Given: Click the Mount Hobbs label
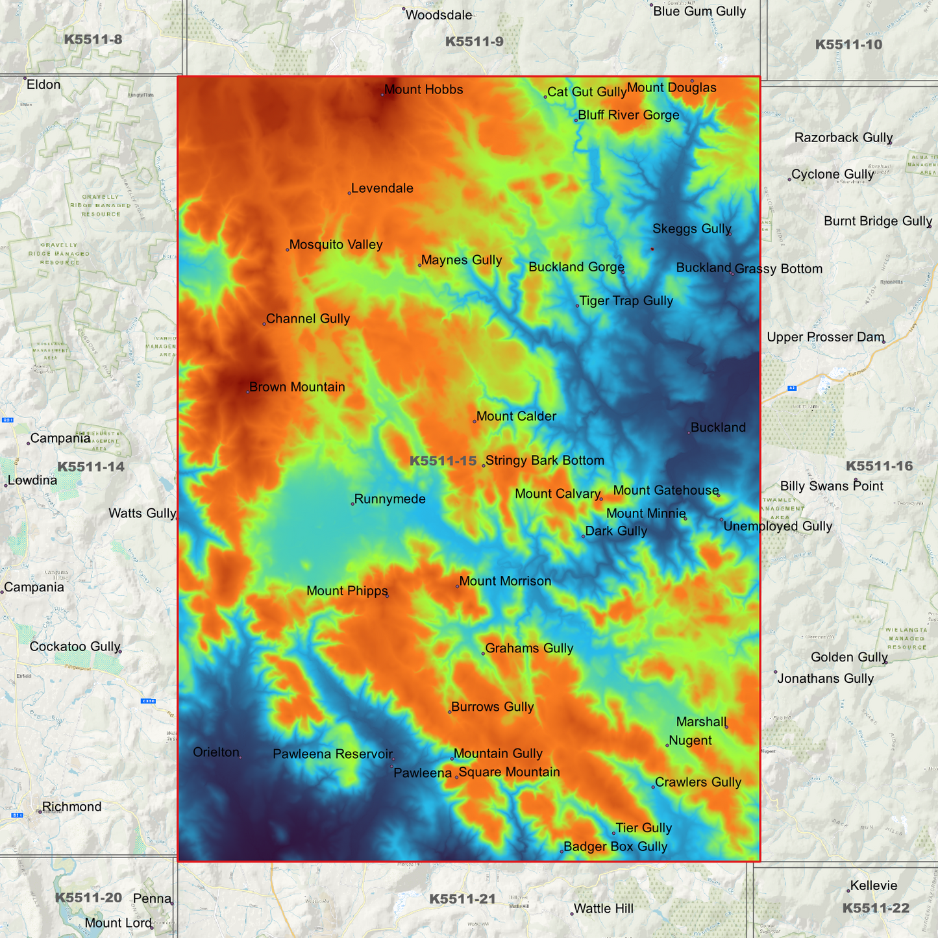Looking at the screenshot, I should tap(423, 90).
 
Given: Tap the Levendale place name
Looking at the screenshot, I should tap(382, 188).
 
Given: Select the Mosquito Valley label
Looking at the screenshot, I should tap(336, 245).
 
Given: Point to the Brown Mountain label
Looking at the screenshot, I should tap(297, 387).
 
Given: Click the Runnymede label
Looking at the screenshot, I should tap(389, 499).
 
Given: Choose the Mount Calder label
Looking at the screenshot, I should tap(516, 416).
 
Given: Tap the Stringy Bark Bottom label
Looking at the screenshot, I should tap(545, 460).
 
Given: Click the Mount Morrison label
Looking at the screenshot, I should tap(505, 581).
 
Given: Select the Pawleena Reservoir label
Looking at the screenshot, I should tap(332, 754).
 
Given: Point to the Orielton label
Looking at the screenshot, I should tap(216, 752).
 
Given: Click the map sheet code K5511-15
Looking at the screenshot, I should tap(443, 461).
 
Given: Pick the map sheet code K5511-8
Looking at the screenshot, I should tap(93, 40).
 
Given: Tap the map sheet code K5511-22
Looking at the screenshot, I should tap(876, 908).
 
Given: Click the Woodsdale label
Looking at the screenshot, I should tap(439, 15).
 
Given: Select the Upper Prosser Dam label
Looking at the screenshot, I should tap(825, 337).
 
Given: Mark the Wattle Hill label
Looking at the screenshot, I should tap(603, 909).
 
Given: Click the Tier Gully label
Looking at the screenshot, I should tap(643, 828).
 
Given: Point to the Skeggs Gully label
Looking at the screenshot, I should tap(691, 228).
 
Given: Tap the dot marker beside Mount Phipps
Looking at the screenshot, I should tap(388, 595).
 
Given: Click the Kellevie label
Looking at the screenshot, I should tap(873, 885).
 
